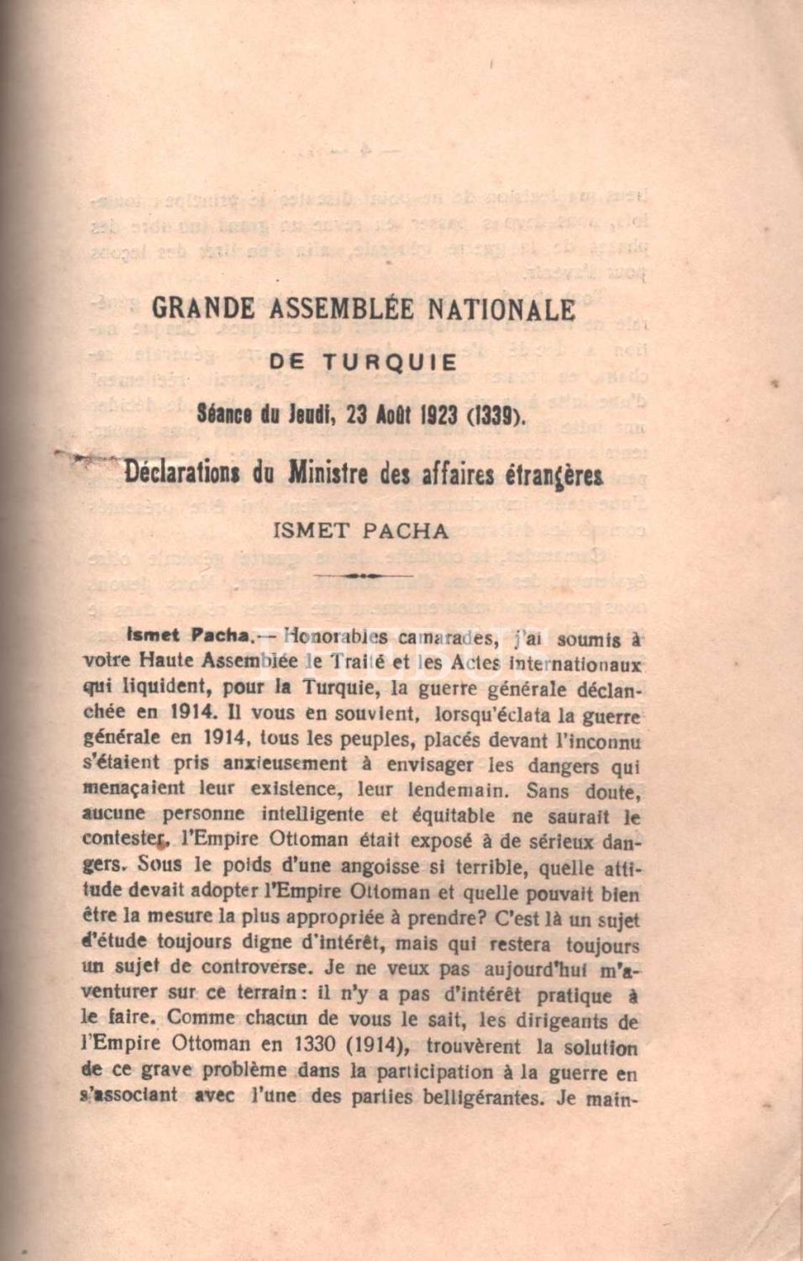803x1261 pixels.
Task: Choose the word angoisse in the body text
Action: pyautogui.click(x=366, y=865)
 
